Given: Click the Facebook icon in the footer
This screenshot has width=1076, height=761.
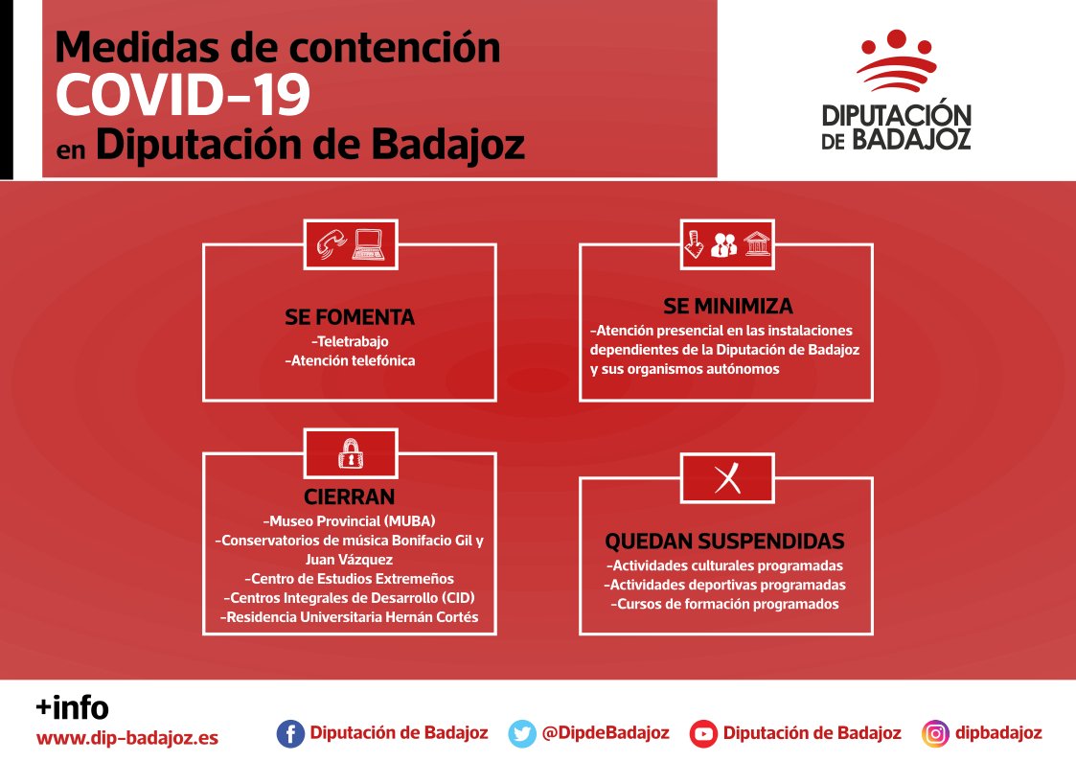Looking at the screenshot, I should tap(290, 734).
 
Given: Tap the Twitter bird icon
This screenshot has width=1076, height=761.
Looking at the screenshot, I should tap(522, 734).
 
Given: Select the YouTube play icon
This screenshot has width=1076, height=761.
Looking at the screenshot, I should tap(704, 734).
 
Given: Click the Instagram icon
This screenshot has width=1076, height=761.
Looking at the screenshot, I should tap(935, 734).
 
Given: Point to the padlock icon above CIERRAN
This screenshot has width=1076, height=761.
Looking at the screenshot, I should tap(350, 453).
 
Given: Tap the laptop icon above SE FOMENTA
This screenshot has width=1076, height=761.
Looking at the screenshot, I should tap(368, 244).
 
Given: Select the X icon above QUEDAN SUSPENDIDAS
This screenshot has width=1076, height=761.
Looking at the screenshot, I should tap(727, 476).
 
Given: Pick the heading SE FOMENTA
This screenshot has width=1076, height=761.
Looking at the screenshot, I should tap(350, 317).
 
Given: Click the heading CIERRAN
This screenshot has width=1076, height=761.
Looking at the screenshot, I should tap(350, 496).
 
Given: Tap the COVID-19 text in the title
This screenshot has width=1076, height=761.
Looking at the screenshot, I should tap(182, 94).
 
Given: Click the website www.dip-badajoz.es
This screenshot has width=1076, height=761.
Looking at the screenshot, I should tap(127, 739).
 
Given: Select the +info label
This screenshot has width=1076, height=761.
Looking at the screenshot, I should tap(72, 708).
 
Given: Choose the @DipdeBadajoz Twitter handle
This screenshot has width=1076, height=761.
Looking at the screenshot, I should tap(605, 733).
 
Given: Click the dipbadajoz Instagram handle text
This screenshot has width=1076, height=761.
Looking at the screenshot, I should tap(997, 733).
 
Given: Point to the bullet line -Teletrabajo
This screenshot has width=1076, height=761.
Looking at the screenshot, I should tap(350, 341).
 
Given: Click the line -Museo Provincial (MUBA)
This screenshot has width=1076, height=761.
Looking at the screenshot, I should tap(350, 521).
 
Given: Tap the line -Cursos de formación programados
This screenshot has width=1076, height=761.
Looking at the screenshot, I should tap(725, 605).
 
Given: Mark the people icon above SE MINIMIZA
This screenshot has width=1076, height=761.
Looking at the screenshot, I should tap(724, 244).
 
